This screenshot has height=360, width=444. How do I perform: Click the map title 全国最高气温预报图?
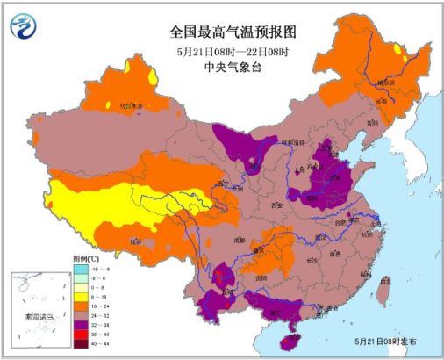pyautogui.click(x=233, y=32)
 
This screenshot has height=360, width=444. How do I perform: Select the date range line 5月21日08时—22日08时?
pyautogui.click(x=233, y=49)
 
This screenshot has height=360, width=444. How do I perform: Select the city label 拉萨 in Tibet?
pyautogui.click(x=134, y=239)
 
